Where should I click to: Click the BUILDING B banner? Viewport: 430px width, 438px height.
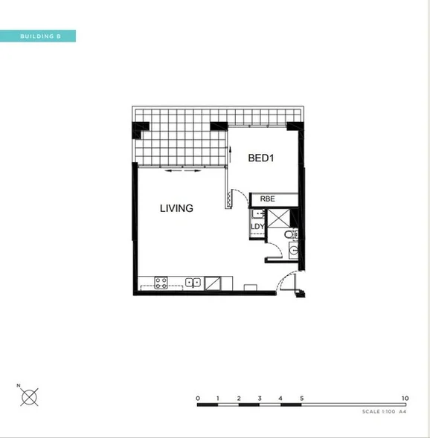pyautogui.click(x=38, y=36)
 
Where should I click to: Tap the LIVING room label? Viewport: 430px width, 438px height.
pyautogui.click(x=176, y=209)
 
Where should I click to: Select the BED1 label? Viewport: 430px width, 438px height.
pyautogui.click(x=262, y=158)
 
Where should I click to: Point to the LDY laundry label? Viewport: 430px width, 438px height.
pyautogui.click(x=257, y=227)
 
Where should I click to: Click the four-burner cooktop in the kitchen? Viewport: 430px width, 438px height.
pyautogui.click(x=161, y=282)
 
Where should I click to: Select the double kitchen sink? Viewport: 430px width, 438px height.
pyautogui.click(x=192, y=282)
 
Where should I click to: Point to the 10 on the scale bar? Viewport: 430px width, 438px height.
pyautogui.click(x=405, y=398)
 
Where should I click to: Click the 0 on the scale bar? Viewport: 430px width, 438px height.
pyautogui.click(x=198, y=398)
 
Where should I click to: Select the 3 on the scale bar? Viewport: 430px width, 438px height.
pyautogui.click(x=260, y=398)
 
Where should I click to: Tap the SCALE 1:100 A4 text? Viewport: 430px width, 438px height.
pyautogui.click(x=383, y=411)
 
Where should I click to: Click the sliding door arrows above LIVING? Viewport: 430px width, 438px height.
pyautogui.click(x=182, y=171)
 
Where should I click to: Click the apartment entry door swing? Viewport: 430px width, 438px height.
pyautogui.click(x=287, y=283)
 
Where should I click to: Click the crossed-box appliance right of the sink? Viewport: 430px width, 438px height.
pyautogui.click(x=212, y=282)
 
